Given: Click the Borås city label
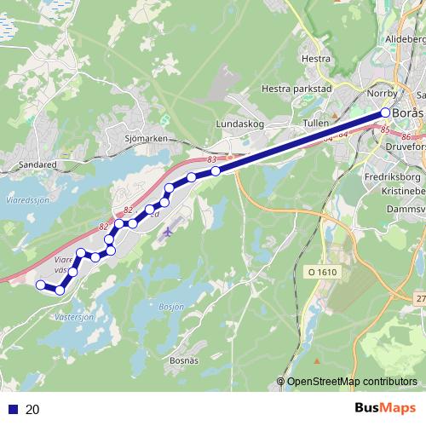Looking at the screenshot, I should click(409, 114).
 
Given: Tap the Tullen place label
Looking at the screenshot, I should click(314, 123).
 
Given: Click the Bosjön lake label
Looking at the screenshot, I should click(171, 307).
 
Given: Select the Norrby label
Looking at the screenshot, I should click(382, 93).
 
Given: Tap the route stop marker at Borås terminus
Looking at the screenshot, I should click(385, 112).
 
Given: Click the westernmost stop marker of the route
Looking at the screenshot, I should click(40, 285).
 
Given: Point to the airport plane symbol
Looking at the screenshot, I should click(170, 229).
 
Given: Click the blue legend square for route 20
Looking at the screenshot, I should click(10, 410).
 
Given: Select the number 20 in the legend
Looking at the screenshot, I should click(33, 410).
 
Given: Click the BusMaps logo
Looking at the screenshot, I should click(386, 409).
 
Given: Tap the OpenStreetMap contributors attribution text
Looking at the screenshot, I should click(351, 382).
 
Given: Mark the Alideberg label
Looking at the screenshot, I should click(406, 39).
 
